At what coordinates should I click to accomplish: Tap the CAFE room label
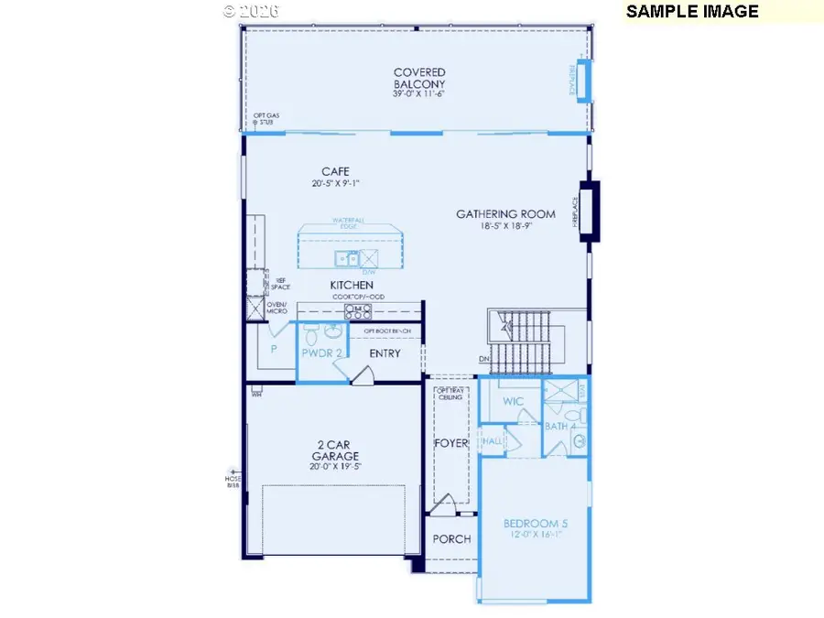point(335,171)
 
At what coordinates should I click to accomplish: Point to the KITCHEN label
point(352,286)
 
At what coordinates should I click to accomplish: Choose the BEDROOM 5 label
point(536,524)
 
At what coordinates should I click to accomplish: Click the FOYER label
point(450,443)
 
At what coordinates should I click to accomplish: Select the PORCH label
point(451,539)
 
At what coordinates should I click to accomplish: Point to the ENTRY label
point(385,353)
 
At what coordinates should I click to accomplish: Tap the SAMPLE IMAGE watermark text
point(692,12)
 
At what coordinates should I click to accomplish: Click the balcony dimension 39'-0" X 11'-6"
point(419,93)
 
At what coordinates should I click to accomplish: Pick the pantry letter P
point(272,349)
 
